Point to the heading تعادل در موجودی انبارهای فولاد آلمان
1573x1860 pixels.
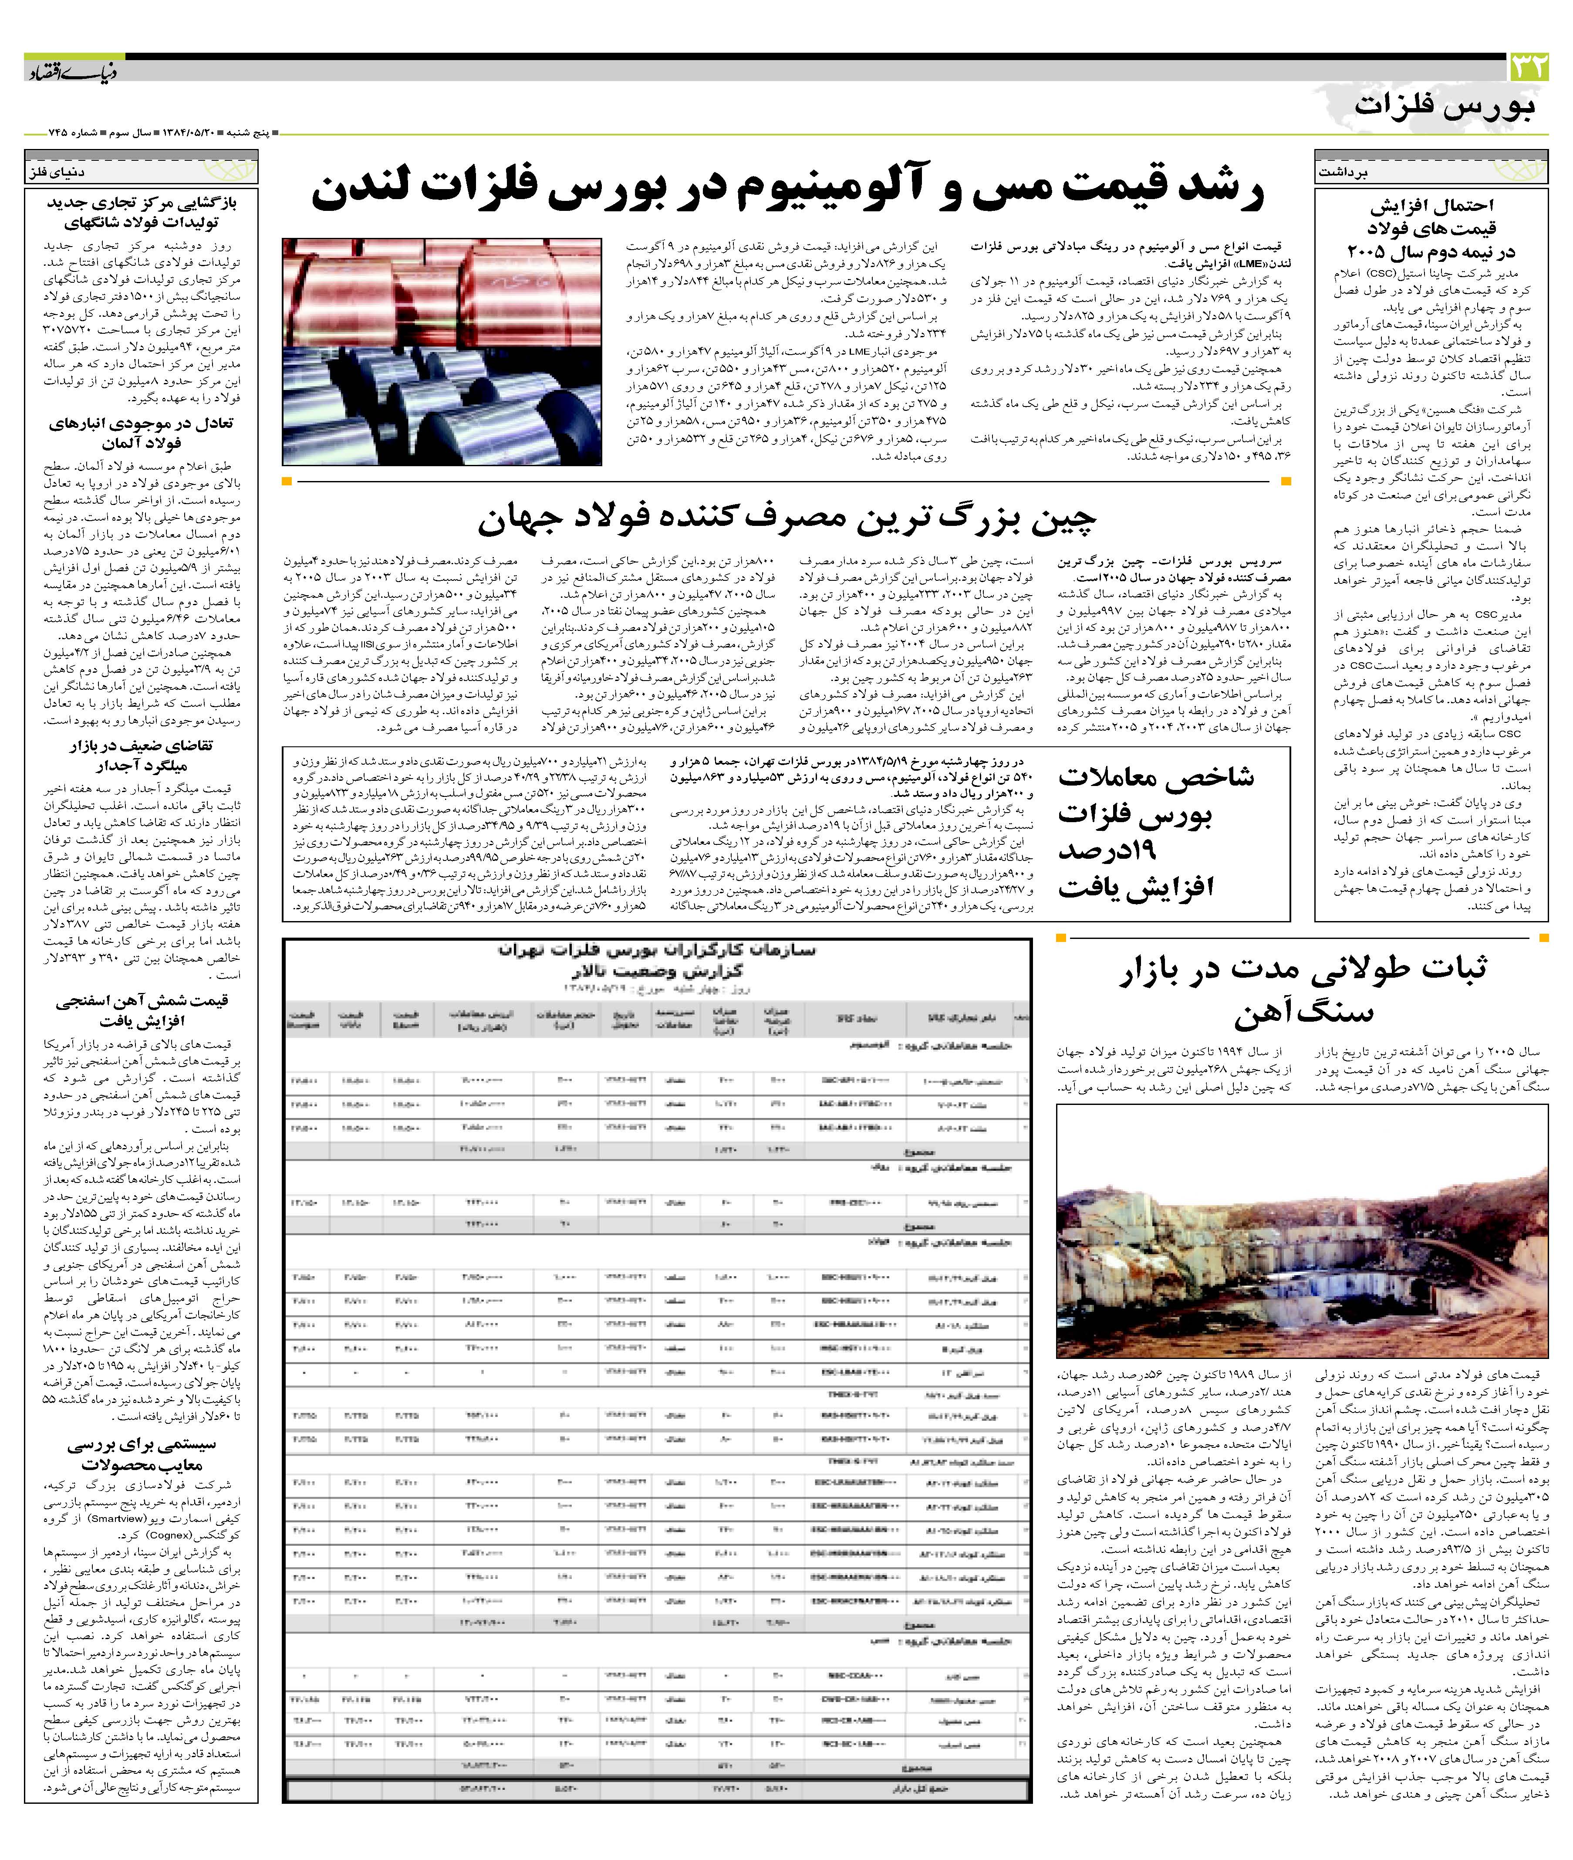(x=141, y=433)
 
